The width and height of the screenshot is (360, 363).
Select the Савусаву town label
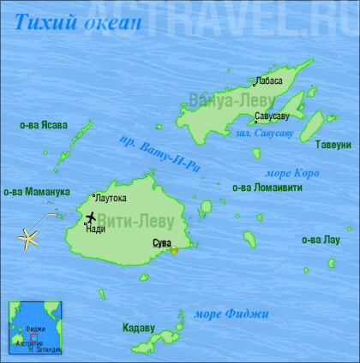(x=272, y=115)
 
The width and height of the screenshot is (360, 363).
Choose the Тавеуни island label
(x=333, y=144)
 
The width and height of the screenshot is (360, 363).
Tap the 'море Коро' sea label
(x=293, y=172)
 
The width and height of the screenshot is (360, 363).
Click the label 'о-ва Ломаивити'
(x=267, y=187)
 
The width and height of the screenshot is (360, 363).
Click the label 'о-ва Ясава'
(x=44, y=125)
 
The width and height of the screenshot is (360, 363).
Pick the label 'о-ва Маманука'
(x=37, y=192)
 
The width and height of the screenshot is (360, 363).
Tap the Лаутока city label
(x=111, y=199)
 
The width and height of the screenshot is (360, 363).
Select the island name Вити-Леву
(x=148, y=221)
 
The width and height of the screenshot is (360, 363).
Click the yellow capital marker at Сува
(x=174, y=250)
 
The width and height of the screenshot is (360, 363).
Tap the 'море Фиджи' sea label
(x=231, y=314)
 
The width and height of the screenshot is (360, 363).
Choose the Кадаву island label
(x=138, y=327)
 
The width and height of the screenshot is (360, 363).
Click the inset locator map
(x=35, y=326)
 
